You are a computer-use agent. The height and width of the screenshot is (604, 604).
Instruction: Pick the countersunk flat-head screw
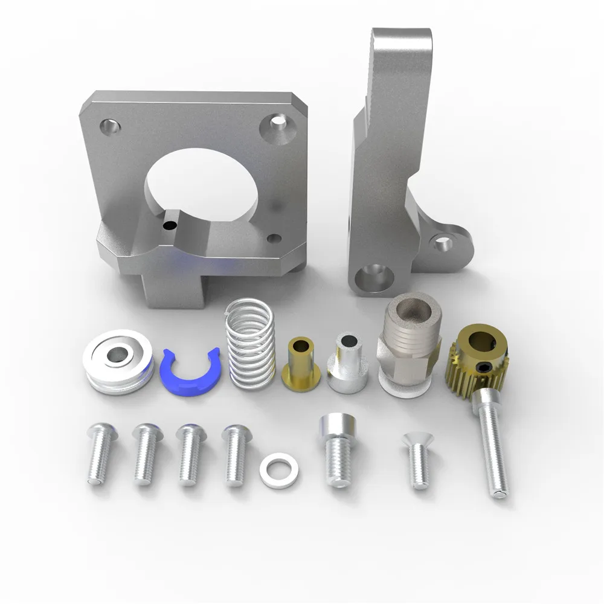point(417,459)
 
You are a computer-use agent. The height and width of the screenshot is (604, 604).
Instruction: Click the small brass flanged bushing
point(300,362)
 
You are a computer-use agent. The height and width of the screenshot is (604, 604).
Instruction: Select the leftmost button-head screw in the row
point(98,453)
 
